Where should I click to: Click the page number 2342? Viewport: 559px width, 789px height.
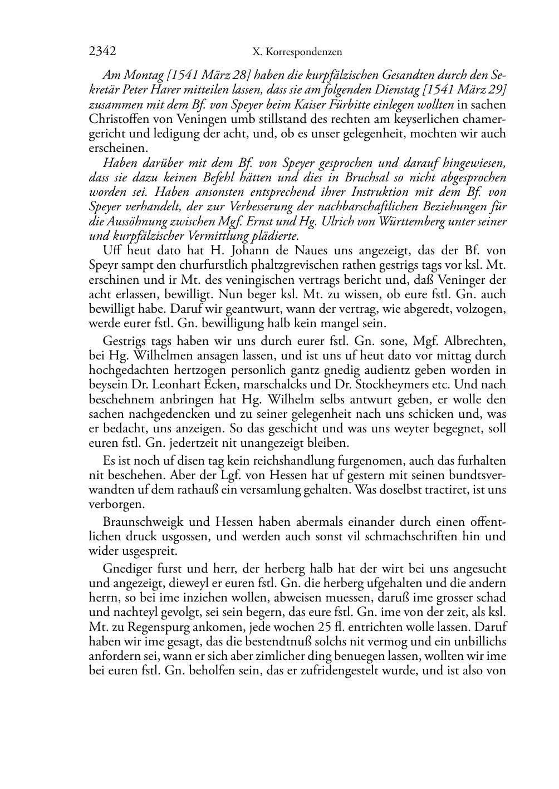[102, 52]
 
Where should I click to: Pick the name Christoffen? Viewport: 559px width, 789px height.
[119, 119]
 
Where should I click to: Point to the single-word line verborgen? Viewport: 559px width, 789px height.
[109, 505]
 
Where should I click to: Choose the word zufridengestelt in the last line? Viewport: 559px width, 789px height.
[330, 670]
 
